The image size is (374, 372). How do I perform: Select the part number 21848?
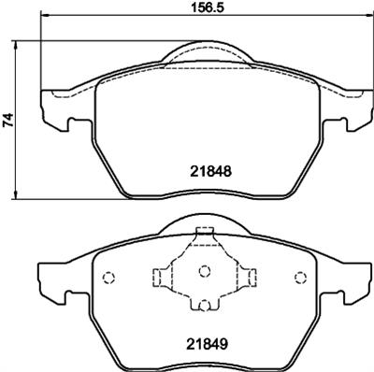[205, 171]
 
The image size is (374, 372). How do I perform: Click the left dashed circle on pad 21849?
[108, 277]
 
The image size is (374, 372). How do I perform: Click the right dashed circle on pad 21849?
[301, 277]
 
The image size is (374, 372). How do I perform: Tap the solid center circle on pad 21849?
[205, 272]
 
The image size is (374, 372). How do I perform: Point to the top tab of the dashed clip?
[205, 236]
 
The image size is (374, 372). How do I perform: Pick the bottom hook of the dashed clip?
[205, 304]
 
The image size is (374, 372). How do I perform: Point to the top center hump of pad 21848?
[205, 54]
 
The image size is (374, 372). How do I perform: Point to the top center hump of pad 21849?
[205, 224]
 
